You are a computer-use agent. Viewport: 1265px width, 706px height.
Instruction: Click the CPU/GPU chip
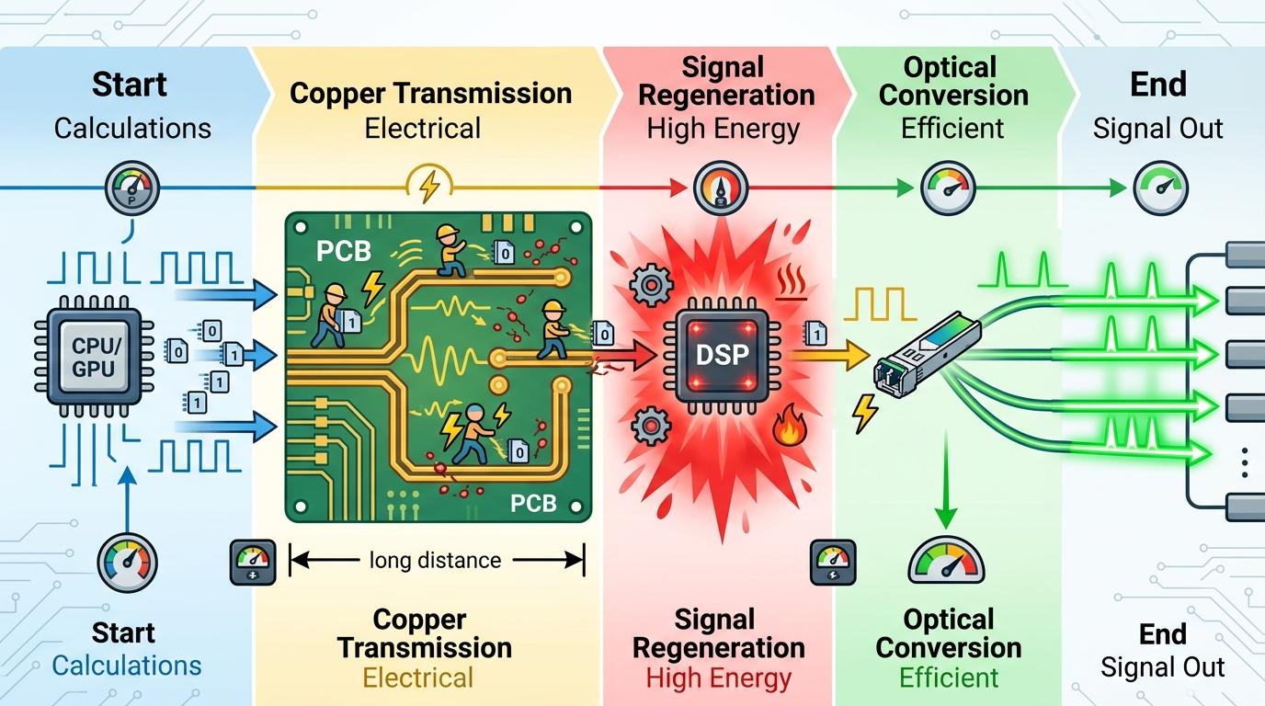[92, 355]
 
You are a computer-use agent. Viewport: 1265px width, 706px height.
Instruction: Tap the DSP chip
[722, 355]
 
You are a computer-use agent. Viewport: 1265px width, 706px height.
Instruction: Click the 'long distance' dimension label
[435, 559]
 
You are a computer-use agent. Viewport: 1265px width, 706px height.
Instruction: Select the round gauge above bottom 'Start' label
[127, 563]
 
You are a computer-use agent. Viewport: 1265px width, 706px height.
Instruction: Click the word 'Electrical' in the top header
[422, 127]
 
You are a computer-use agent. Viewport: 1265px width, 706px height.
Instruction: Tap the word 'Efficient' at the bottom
[948, 678]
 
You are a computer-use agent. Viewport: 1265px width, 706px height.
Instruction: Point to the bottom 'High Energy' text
[718, 678]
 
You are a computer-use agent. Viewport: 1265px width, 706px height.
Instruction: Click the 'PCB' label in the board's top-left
[342, 251]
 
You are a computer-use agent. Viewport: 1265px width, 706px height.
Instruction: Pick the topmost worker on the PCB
[450, 246]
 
